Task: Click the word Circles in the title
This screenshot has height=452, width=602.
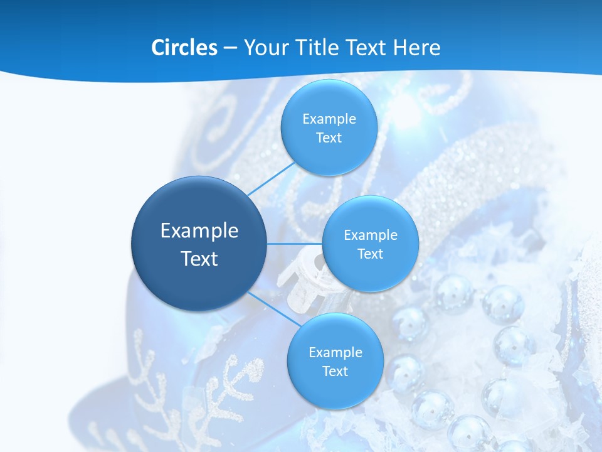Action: click(x=184, y=48)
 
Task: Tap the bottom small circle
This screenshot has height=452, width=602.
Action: click(x=335, y=389)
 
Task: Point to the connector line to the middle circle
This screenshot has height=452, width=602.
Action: click(x=295, y=243)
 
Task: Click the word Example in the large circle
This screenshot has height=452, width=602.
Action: click(x=199, y=230)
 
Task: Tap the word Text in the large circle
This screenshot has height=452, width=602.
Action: click(x=199, y=259)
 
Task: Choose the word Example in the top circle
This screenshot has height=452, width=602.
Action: click(x=329, y=119)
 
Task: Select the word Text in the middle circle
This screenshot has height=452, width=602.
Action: click(x=370, y=254)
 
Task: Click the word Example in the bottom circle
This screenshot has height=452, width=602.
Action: click(x=335, y=352)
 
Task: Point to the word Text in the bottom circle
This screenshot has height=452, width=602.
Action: click(x=335, y=371)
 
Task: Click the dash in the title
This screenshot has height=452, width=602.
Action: click(x=230, y=48)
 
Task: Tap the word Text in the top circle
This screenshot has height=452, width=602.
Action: click(x=329, y=137)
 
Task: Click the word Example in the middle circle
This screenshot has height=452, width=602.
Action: click(x=371, y=235)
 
